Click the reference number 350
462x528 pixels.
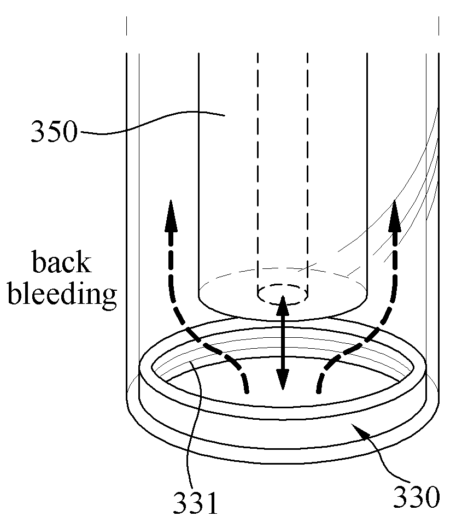(54, 132)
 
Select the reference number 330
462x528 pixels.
(417, 497)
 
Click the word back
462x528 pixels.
(61, 262)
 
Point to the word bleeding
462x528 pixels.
(62, 294)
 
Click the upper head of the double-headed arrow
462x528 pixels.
(283, 306)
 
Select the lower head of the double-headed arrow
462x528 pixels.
(283, 379)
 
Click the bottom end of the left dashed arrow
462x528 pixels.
(248, 391)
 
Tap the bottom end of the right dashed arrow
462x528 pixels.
(319, 391)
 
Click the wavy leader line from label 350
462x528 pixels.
(152, 122)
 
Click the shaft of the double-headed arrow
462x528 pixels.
(283, 343)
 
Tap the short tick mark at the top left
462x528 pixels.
(127, 26)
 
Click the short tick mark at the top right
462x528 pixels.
(438, 26)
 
